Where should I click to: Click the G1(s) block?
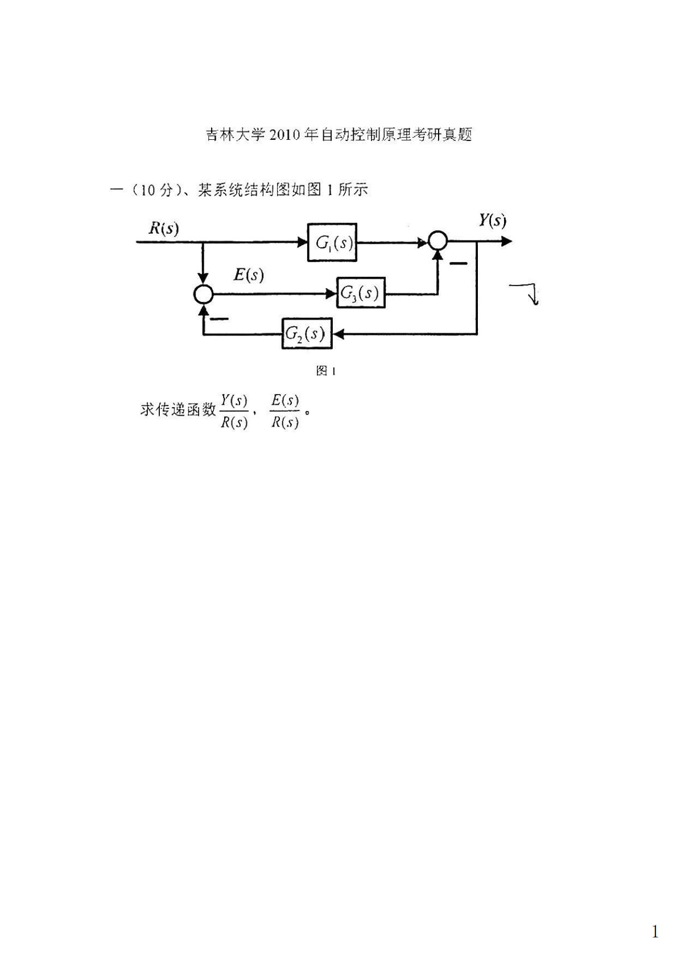pos(332,243)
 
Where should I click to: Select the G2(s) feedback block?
pos(306,334)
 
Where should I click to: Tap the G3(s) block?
pos(361,293)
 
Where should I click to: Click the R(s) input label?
pos(163,229)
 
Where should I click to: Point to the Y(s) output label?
pos(492,221)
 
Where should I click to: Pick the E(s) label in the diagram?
pos(249,275)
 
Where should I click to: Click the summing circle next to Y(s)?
pos(437,242)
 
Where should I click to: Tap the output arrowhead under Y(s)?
pos(506,242)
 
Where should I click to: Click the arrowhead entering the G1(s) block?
pos(303,242)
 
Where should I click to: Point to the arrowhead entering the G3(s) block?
pos(332,293)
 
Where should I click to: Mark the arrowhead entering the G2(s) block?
pos(337,334)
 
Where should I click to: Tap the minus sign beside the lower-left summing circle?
pos(218,318)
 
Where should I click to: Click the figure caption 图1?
pos(325,371)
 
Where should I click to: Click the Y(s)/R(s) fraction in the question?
pos(234,411)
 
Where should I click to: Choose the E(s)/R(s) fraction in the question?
pos(284,411)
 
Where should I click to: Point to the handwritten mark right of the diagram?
pos(526,293)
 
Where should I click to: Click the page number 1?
pos(655,931)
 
